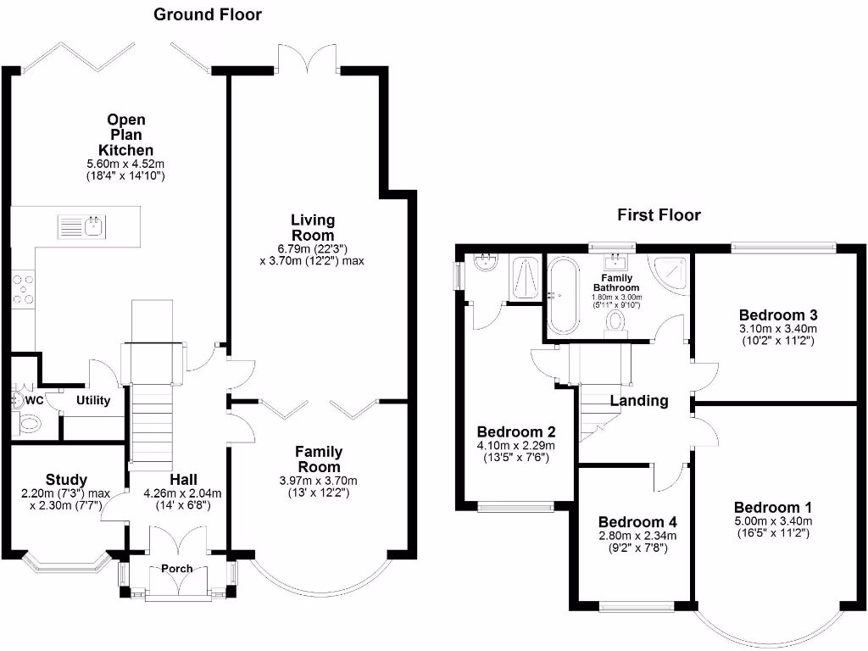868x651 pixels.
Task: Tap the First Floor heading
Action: click(x=659, y=215)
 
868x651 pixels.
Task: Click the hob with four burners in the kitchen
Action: click(x=23, y=289)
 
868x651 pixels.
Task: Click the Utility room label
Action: click(x=93, y=400)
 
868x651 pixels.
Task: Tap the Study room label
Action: click(x=67, y=481)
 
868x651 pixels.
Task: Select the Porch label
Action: click(x=177, y=569)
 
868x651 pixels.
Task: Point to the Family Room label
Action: click(x=318, y=459)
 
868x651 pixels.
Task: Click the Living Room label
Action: click(x=313, y=228)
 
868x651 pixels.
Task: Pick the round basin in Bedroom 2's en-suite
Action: click(x=487, y=263)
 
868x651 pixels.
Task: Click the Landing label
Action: click(x=639, y=401)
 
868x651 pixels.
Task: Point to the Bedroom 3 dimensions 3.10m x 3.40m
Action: click(x=777, y=329)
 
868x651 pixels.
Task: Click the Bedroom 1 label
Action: click(x=773, y=508)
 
